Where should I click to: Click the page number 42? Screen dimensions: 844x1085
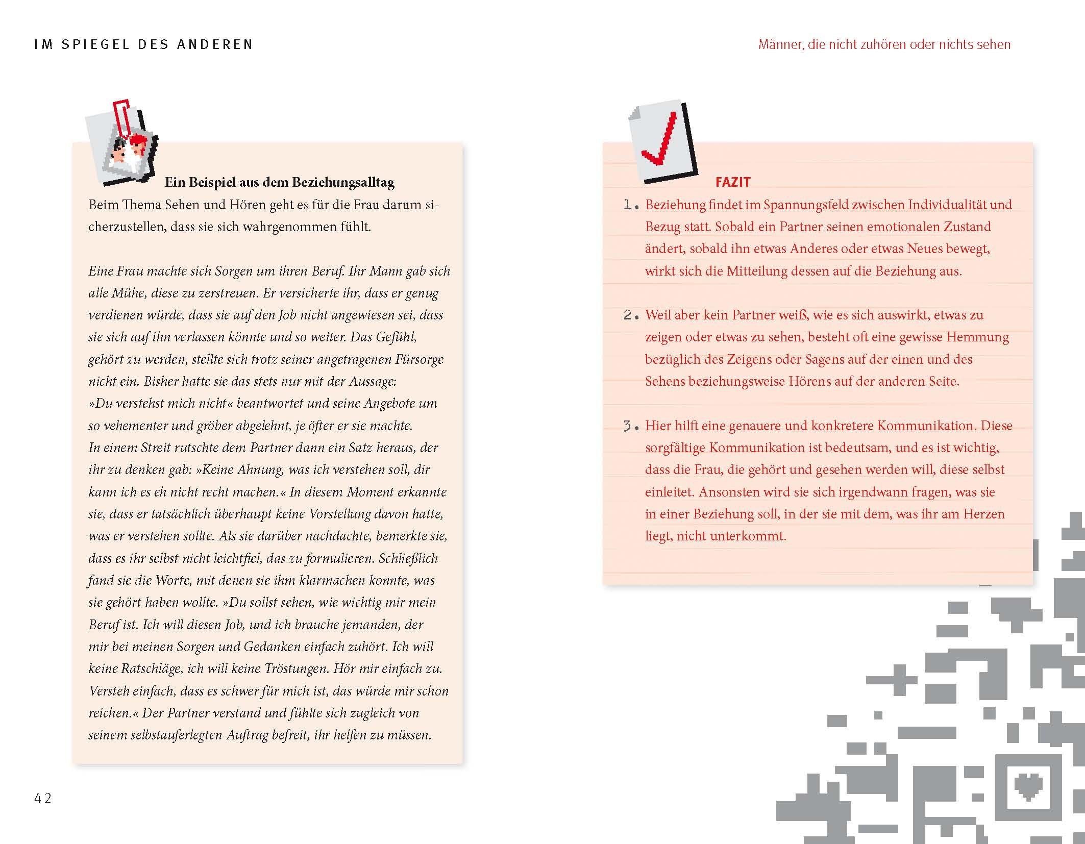[x=43, y=798]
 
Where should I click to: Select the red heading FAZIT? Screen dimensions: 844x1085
[x=733, y=182]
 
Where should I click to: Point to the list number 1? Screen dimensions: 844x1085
[x=630, y=205]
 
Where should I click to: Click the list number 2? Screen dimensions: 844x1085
[x=630, y=315]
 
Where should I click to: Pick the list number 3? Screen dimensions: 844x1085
[x=630, y=426]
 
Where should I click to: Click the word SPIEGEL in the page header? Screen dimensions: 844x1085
[x=94, y=44]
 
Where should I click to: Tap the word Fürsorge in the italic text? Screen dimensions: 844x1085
[x=419, y=359]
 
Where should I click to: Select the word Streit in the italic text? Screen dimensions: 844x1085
[x=153, y=448]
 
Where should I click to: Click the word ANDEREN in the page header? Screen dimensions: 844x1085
[x=215, y=44]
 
